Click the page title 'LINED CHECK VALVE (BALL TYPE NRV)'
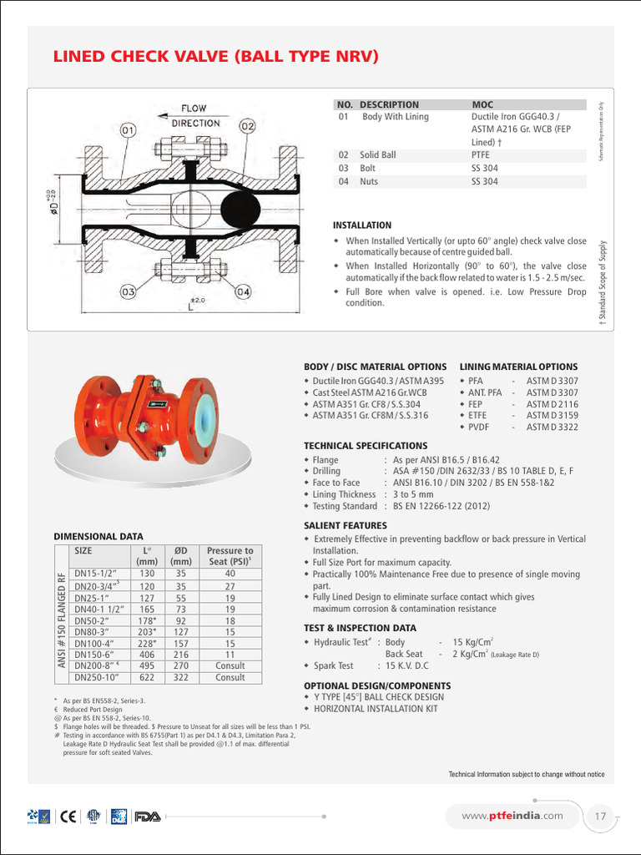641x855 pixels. click(216, 57)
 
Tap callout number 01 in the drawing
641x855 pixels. click(129, 130)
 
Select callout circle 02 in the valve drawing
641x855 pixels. click(247, 126)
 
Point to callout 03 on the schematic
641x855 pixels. click(128, 292)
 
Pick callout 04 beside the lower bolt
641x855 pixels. click(243, 292)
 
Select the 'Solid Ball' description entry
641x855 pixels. click(378, 154)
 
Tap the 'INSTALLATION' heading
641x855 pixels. click(361, 225)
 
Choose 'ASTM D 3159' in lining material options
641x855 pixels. click(552, 415)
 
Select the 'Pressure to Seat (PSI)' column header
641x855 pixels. click(230, 556)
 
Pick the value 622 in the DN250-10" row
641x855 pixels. click(147, 677)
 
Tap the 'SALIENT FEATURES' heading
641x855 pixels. click(345, 525)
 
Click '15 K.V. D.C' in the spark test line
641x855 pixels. click(406, 665)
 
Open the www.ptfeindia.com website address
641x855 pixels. click(512, 815)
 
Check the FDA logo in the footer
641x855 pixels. click(148, 816)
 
